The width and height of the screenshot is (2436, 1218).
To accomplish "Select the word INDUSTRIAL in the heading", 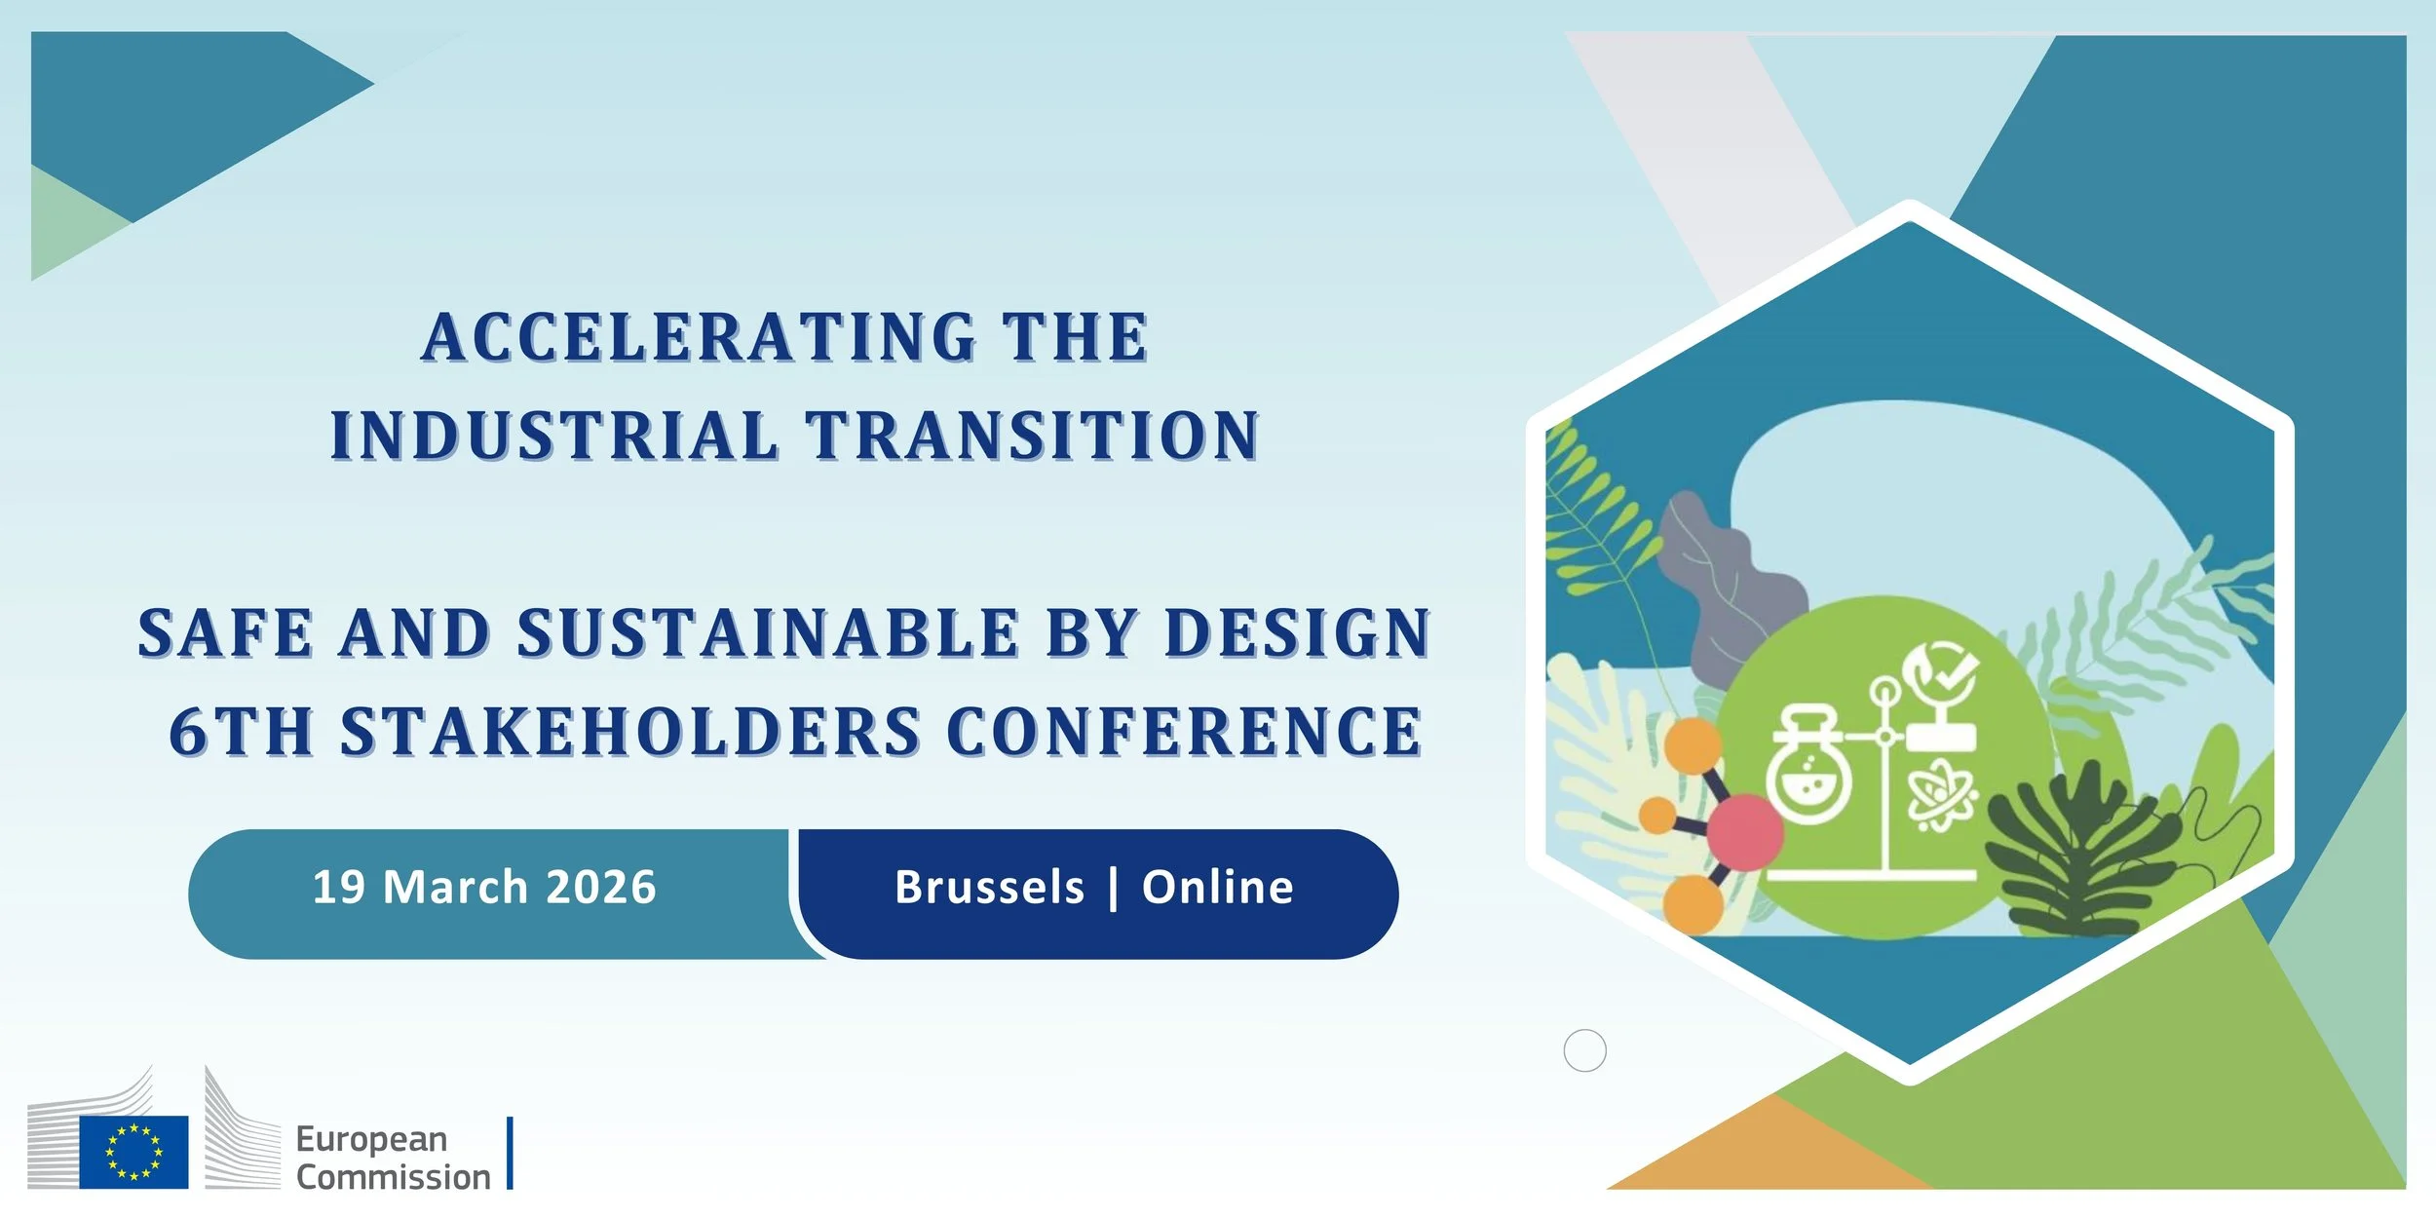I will point(554,436).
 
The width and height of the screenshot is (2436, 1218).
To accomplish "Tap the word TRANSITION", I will point(1034,436).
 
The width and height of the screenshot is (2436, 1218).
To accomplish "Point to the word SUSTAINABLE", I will point(769,633).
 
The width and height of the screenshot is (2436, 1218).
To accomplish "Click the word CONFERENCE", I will point(1184,732).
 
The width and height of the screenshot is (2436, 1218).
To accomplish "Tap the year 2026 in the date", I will point(601,888).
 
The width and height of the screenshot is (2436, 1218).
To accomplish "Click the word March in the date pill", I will point(455,888).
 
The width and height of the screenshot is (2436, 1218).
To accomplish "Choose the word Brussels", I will point(989,888).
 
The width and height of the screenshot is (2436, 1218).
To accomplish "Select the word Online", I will point(1217,888).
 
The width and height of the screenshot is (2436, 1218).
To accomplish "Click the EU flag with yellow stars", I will point(133,1152).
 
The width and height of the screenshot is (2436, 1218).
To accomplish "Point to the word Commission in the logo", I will point(393,1177).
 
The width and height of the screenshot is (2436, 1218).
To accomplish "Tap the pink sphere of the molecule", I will point(1744,831).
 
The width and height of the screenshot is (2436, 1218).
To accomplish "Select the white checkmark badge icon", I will point(1940,672).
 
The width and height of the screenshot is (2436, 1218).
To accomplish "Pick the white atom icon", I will point(1941,797).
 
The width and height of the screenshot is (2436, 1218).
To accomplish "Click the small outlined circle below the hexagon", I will point(1584,1050).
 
